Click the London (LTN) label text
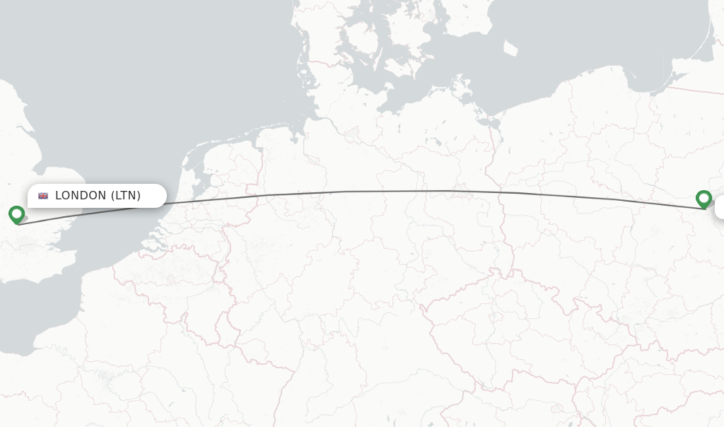pyautogui.click(x=98, y=196)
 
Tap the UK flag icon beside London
pyautogui.click(x=43, y=196)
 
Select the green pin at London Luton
pyautogui.click(x=16, y=214)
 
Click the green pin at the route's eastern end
pyautogui.click(x=703, y=199)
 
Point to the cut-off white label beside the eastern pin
pyautogui.click(x=720, y=208)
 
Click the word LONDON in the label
pyautogui.click(x=81, y=196)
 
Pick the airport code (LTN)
pyautogui.click(x=126, y=196)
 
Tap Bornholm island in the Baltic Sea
pyautogui.click(x=510, y=48)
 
